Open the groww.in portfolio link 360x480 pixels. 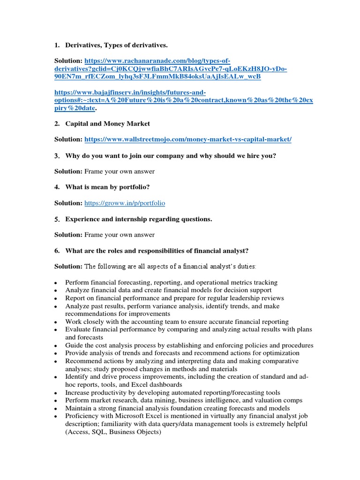tap(125, 203)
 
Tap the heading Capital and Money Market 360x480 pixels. tap(108, 124)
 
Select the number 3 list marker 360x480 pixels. tap(56, 156)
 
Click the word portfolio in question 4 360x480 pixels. tap(133, 187)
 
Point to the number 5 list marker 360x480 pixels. tap(56, 219)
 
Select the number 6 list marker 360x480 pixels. tap(56, 251)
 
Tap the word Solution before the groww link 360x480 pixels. tap(67, 203)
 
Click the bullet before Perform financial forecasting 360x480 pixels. tap(56, 283)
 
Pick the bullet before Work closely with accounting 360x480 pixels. tap(56, 322)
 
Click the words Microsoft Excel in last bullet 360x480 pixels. tap(124, 416)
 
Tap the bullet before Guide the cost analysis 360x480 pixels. tap(56, 346)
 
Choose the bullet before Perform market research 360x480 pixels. tap(56, 401)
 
